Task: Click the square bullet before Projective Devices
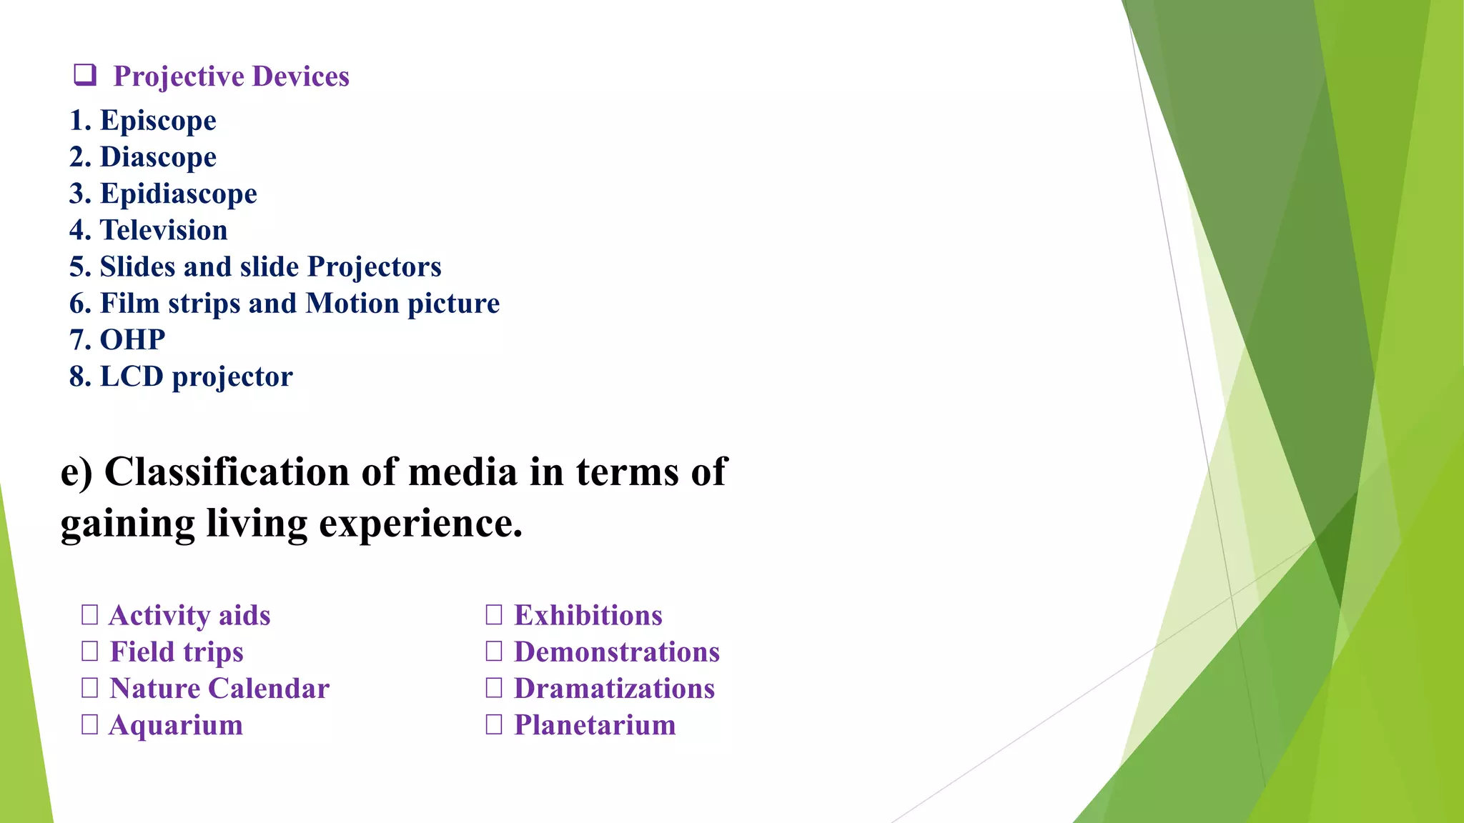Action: pos(85,74)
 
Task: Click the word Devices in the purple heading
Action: pos(300,76)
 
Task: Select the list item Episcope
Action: pos(158,120)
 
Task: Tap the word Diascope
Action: pos(158,156)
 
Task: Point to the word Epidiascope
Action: pos(178,194)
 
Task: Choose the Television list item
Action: pos(164,230)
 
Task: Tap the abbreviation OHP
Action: pos(132,339)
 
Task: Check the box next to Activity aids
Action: pos(90,614)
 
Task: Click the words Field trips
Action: pos(176,652)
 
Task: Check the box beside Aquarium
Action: pos(90,724)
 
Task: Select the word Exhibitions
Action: pos(588,615)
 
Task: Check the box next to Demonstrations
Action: pos(494,651)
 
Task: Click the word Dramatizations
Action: pos(614,688)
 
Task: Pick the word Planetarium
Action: pos(595,724)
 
